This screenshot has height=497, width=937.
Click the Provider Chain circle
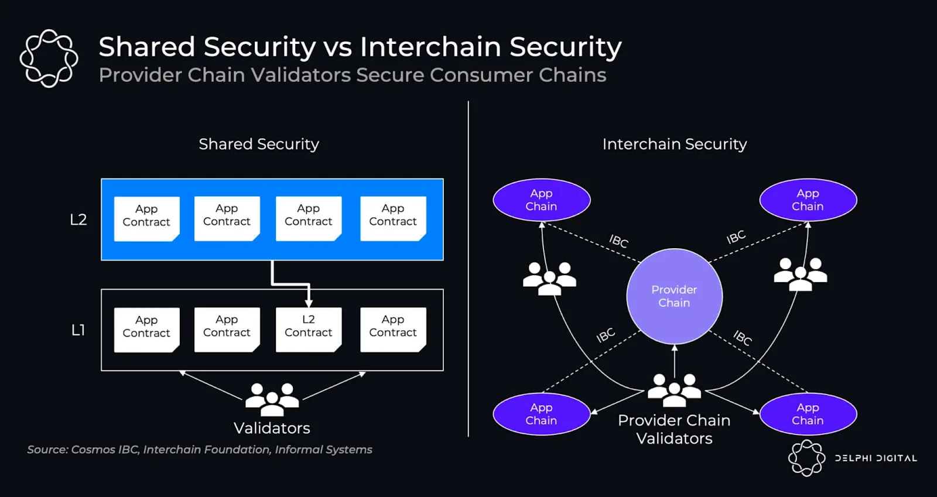pos(674,296)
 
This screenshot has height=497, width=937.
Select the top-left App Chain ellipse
pos(541,200)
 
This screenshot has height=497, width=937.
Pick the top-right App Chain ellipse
pos(808,200)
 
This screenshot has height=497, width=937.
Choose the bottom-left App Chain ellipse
pos(541,414)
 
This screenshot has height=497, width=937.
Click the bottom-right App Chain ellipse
pos(808,414)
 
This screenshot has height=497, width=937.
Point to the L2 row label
pos(78,220)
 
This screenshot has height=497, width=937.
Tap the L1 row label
pos(78,330)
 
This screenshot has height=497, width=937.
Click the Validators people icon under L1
pos(272,398)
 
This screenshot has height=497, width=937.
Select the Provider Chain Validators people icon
pos(674,390)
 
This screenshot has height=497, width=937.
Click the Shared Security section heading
pos(259,144)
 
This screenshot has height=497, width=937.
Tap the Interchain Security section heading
pos(675,144)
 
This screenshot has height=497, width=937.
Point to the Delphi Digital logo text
pos(876,458)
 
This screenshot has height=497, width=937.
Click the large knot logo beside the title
pos(49,59)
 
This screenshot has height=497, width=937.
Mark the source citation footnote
pos(199,450)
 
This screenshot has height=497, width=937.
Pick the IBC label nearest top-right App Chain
pos(736,237)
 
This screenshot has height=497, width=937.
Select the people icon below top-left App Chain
pos(549,278)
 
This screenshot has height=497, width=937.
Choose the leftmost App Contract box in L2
pos(146,218)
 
